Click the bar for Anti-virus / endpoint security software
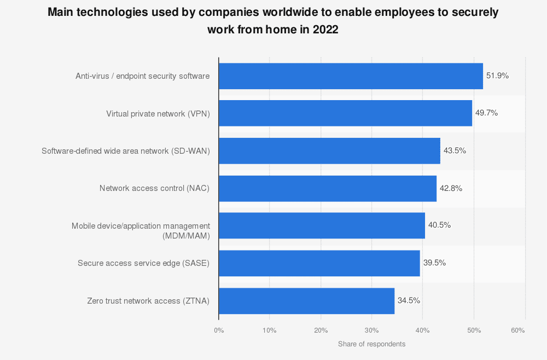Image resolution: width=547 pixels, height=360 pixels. [x=351, y=76]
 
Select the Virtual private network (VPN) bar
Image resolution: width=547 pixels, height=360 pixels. [x=345, y=113]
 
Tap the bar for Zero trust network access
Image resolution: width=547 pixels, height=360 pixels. [x=306, y=301]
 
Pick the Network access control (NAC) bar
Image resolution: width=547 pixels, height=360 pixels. [x=327, y=188]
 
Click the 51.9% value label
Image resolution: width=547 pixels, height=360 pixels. [x=497, y=76]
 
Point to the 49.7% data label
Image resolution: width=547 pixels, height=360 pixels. [x=486, y=113]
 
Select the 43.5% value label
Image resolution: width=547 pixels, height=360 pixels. [x=455, y=150]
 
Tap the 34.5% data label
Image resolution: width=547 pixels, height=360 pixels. [x=409, y=300]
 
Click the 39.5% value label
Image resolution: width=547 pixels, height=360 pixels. [x=434, y=263]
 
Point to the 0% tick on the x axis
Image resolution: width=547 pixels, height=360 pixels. [x=219, y=330]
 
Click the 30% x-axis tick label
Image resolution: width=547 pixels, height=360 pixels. [x=371, y=330]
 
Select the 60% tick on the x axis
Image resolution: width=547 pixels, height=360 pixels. [x=517, y=330]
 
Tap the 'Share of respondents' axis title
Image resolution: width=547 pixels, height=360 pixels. [x=371, y=344]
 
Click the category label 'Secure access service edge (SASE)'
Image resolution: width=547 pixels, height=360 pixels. [x=143, y=263]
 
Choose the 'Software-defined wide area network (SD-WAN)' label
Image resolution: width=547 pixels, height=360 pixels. [x=126, y=150]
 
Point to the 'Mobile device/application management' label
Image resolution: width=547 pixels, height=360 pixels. [x=141, y=226]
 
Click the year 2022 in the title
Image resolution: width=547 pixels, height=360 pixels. [x=325, y=30]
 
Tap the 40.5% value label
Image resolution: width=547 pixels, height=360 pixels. [x=439, y=225]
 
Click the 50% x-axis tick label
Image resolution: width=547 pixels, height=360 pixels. [x=474, y=330]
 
